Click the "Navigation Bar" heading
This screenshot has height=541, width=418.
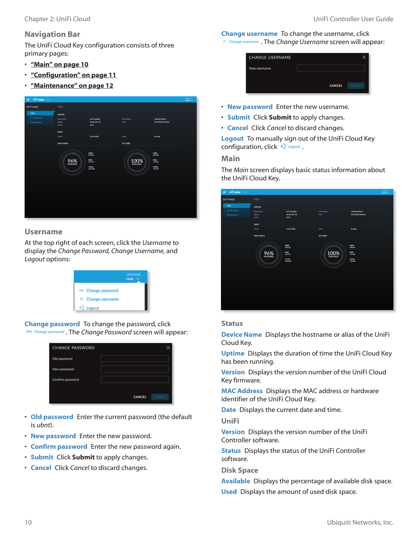(52, 34)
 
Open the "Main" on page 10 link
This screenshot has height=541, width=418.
(59, 65)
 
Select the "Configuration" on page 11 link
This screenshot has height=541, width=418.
(73, 75)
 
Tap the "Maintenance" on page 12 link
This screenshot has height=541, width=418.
(72, 86)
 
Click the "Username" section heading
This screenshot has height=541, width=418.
(43, 232)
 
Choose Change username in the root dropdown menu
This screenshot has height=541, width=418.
(102, 299)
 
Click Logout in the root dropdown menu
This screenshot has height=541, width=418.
(93, 308)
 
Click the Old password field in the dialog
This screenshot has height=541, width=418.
(135, 359)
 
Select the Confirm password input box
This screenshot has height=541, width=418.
(135, 379)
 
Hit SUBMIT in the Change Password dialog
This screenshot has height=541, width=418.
(159, 397)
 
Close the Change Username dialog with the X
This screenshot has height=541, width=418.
(364, 57)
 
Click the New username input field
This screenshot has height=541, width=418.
(331, 68)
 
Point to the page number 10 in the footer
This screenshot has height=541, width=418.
(28, 522)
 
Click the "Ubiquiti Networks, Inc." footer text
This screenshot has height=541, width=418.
(360, 522)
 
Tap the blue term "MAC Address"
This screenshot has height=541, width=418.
(242, 391)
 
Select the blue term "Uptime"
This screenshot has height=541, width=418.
(233, 353)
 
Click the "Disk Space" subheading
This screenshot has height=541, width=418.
(239, 470)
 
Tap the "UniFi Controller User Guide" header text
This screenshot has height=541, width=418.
(353, 19)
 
